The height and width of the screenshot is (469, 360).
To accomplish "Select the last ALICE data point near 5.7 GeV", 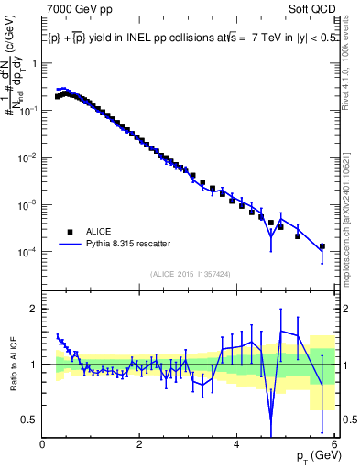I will [322, 246].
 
